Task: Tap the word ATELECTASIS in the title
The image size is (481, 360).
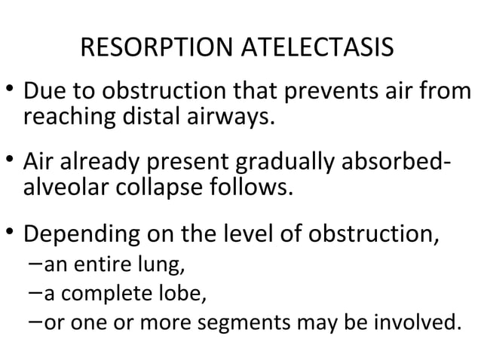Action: [x=317, y=50]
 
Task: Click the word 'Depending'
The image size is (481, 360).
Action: [x=74, y=236]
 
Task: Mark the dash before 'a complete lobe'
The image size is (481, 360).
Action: [x=35, y=292]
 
